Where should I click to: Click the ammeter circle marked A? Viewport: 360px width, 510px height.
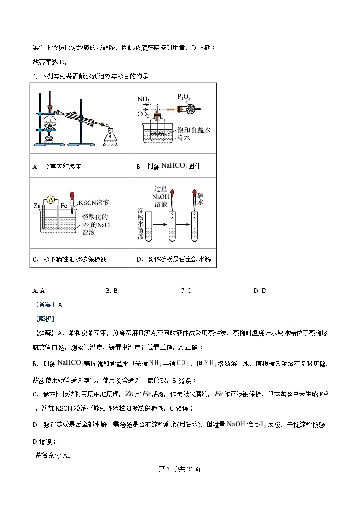click(x=51, y=199)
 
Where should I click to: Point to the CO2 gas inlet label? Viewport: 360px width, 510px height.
click(x=143, y=114)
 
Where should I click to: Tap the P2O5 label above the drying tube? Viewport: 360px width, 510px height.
click(x=184, y=97)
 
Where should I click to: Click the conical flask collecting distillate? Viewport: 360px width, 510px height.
click(x=110, y=137)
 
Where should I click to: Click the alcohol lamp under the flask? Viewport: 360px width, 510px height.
click(x=50, y=138)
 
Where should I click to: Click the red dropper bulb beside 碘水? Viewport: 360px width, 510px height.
click(x=194, y=193)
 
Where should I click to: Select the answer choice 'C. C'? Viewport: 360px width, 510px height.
click(x=186, y=291)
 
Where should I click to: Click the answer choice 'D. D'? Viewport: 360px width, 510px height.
click(x=260, y=291)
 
